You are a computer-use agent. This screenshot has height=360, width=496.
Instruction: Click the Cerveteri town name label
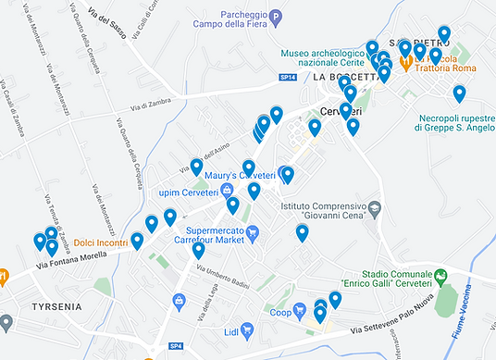[338, 111]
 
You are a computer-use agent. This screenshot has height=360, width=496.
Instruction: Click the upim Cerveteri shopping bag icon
[227, 192]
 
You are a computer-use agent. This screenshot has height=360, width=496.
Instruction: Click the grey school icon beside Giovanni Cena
[374, 210]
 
